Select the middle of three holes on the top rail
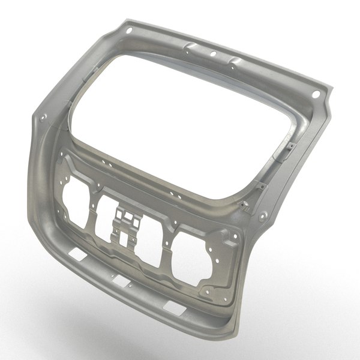[x=213, y=55]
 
